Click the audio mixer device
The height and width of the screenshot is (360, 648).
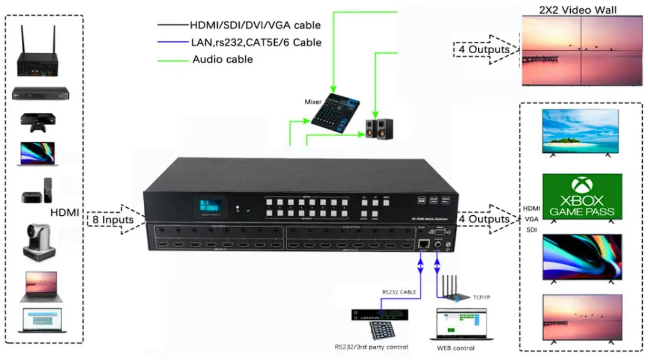coord(336,111)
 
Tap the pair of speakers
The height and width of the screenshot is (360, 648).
coord(379,129)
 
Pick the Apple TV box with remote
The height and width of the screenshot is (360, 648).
coord(37,192)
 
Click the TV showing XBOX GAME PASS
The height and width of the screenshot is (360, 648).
coord(582,197)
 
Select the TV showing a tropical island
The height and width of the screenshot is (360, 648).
coord(580,131)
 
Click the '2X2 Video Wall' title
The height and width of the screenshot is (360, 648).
coord(578,10)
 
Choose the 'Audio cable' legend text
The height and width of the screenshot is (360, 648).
coord(222,60)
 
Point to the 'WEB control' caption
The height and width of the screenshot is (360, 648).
coord(455,349)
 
